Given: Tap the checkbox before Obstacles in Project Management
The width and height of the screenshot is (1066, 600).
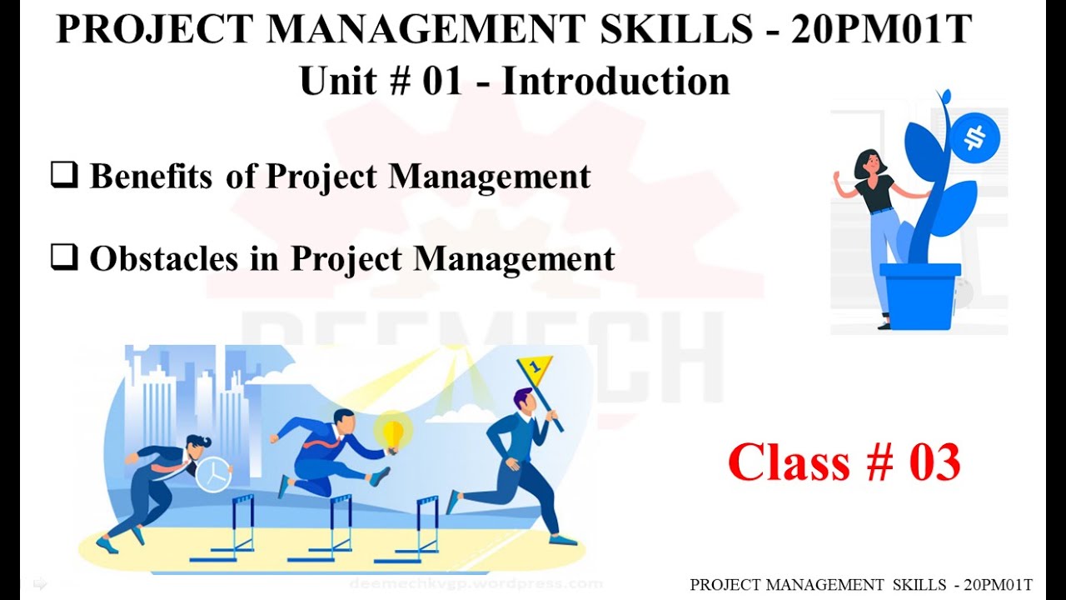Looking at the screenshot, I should (64, 259).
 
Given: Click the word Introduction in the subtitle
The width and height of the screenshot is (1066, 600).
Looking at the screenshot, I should (615, 82).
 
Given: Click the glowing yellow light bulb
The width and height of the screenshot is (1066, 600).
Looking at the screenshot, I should (392, 432).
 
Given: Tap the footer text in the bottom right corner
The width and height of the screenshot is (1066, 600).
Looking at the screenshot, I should (861, 585).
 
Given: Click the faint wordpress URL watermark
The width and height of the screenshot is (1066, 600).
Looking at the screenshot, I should (476, 584).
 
